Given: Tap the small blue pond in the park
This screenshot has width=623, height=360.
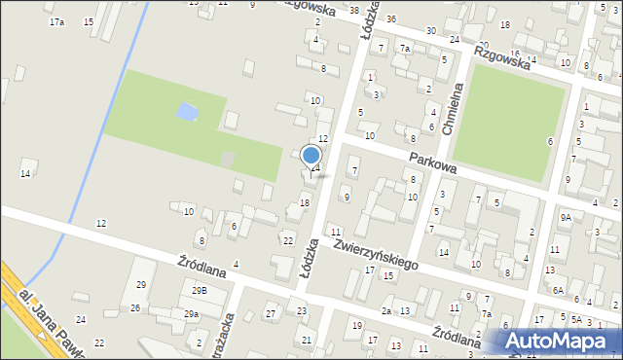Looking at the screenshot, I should click(x=185, y=112).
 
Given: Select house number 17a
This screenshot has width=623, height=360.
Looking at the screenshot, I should click(x=56, y=21).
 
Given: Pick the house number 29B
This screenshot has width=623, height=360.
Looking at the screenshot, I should click(x=199, y=290).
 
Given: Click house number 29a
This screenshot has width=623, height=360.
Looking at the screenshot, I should click(x=191, y=313).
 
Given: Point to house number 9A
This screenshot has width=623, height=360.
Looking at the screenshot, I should click(x=565, y=218).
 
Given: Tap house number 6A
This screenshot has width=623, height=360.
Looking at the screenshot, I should click(x=558, y=290).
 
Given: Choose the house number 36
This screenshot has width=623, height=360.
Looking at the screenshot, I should click(x=390, y=19).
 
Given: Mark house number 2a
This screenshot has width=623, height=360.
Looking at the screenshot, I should click(x=386, y=310).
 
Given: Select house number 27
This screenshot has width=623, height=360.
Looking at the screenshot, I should click(x=270, y=313).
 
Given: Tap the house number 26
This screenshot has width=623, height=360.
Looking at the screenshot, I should click(x=135, y=308).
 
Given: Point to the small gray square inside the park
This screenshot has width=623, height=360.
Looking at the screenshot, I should click(x=227, y=159).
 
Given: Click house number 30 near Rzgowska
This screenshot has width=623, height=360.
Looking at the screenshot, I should click(x=430, y=31).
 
